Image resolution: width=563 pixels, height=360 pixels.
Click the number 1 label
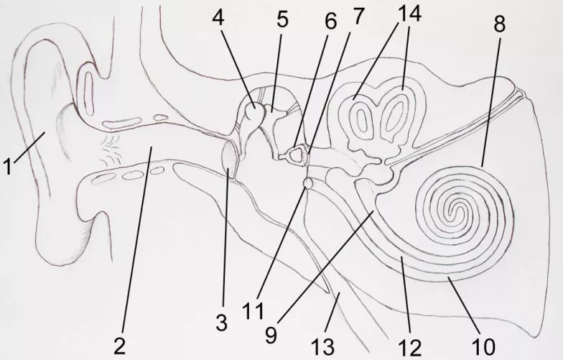(x=7, y=167)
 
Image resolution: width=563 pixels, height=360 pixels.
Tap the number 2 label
(x=120, y=346)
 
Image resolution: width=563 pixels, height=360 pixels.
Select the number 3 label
(x=222, y=322)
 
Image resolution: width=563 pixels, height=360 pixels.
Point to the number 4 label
(x=218, y=17)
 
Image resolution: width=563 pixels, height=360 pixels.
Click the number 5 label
(x=283, y=19)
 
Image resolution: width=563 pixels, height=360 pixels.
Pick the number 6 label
(x=330, y=22)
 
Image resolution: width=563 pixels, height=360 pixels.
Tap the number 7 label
(x=358, y=16)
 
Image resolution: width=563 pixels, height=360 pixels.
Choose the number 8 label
(x=499, y=24)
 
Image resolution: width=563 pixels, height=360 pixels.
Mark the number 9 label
(x=271, y=335)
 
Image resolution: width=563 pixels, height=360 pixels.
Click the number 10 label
(x=484, y=346)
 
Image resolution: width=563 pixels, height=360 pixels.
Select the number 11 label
(x=253, y=310)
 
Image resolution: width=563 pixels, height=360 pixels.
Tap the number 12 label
(x=409, y=348)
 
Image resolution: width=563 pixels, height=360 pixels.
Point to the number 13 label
(x=323, y=346)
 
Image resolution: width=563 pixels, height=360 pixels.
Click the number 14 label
(x=409, y=14)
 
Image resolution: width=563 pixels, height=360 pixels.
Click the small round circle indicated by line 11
(x=308, y=183)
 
